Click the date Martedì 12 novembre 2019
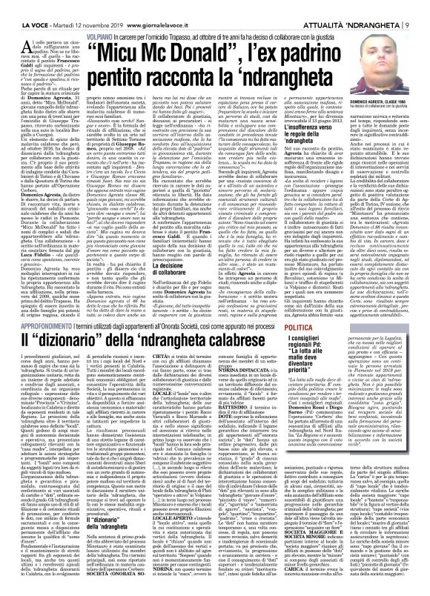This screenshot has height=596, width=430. (x=78, y=7)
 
